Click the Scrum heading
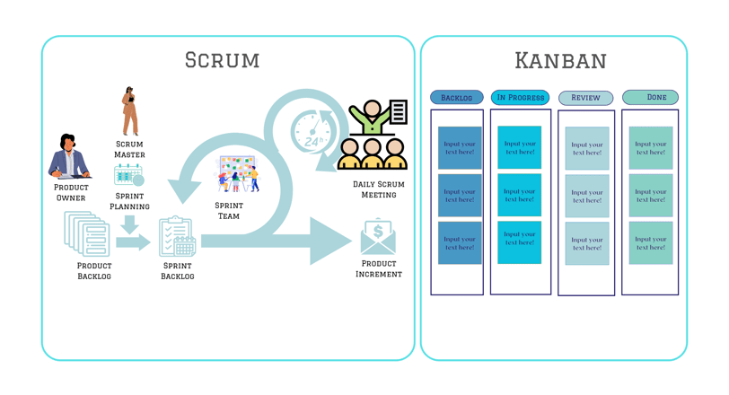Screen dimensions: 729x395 pyautogui.click(x=222, y=60)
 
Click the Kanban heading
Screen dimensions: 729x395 pyautogui.click(x=560, y=61)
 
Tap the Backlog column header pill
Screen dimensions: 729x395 pyautogui.click(x=457, y=98)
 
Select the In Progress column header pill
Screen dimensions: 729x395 pyautogui.click(x=520, y=98)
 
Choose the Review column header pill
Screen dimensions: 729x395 pyautogui.click(x=585, y=98)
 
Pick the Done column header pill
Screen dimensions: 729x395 pyautogui.click(x=650, y=97)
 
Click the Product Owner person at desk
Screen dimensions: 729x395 pyautogui.click(x=69, y=156)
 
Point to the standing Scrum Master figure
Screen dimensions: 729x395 pyautogui.click(x=129, y=110)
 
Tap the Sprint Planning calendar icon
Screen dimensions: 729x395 pyautogui.click(x=128, y=175)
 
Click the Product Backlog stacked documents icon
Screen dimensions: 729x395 pyautogui.click(x=87, y=234)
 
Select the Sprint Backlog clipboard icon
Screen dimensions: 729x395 pyautogui.click(x=177, y=236)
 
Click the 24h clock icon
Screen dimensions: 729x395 pyautogui.click(x=312, y=130)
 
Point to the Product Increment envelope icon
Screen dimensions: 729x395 pyautogui.click(x=378, y=236)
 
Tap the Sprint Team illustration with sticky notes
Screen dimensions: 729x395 pyautogui.click(x=237, y=174)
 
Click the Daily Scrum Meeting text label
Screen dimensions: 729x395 pyautogui.click(x=379, y=189)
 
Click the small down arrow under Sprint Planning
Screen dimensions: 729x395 pyautogui.click(x=129, y=224)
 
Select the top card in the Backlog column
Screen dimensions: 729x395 pyautogui.click(x=460, y=148)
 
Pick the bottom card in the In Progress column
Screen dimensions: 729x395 pyautogui.click(x=519, y=242)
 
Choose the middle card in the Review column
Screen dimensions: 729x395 pyautogui.click(x=587, y=196)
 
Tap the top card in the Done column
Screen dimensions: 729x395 pyautogui.click(x=651, y=148)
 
